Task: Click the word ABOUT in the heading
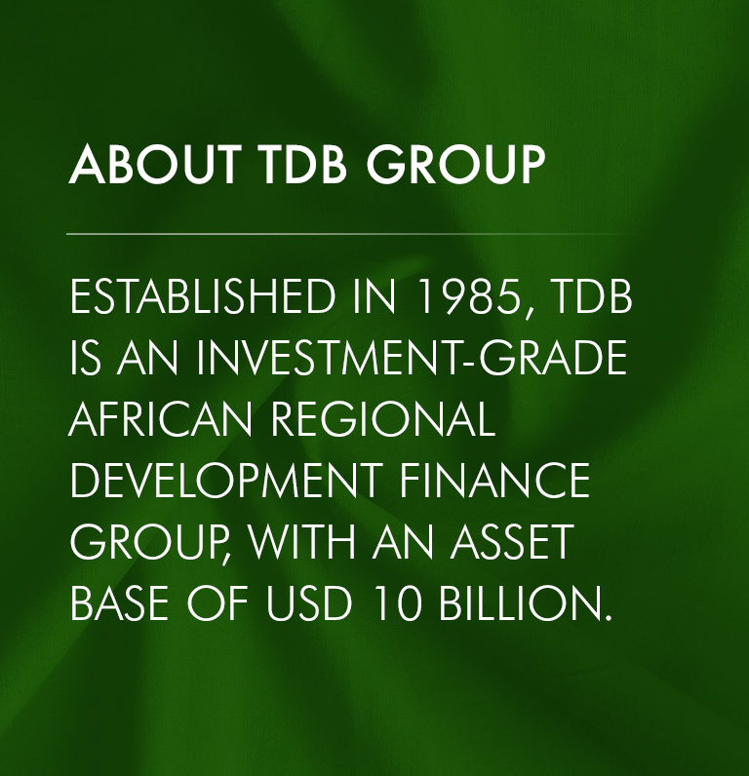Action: click(x=155, y=165)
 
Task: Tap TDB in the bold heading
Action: click(x=302, y=165)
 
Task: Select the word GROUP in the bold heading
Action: click(x=455, y=165)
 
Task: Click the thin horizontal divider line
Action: click(x=349, y=234)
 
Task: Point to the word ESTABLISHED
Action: click(x=203, y=296)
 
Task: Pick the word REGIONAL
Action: click(x=383, y=418)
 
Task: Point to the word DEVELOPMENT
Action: click(x=226, y=480)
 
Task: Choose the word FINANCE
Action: click(x=494, y=480)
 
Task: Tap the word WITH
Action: click(x=302, y=541)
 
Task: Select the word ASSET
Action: click(x=511, y=541)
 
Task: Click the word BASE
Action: click(x=120, y=603)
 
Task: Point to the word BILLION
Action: click(x=526, y=603)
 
